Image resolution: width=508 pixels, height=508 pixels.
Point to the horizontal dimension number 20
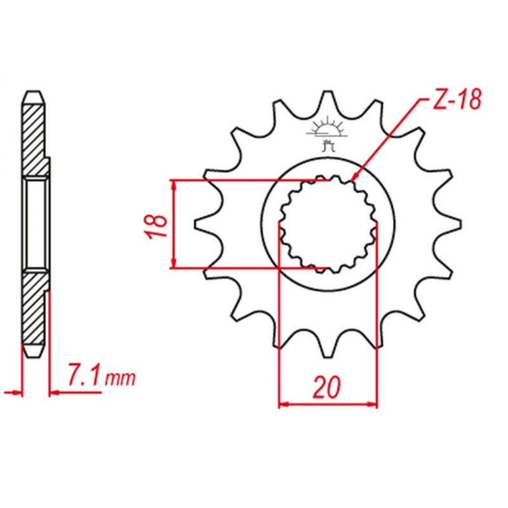click(327, 387)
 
